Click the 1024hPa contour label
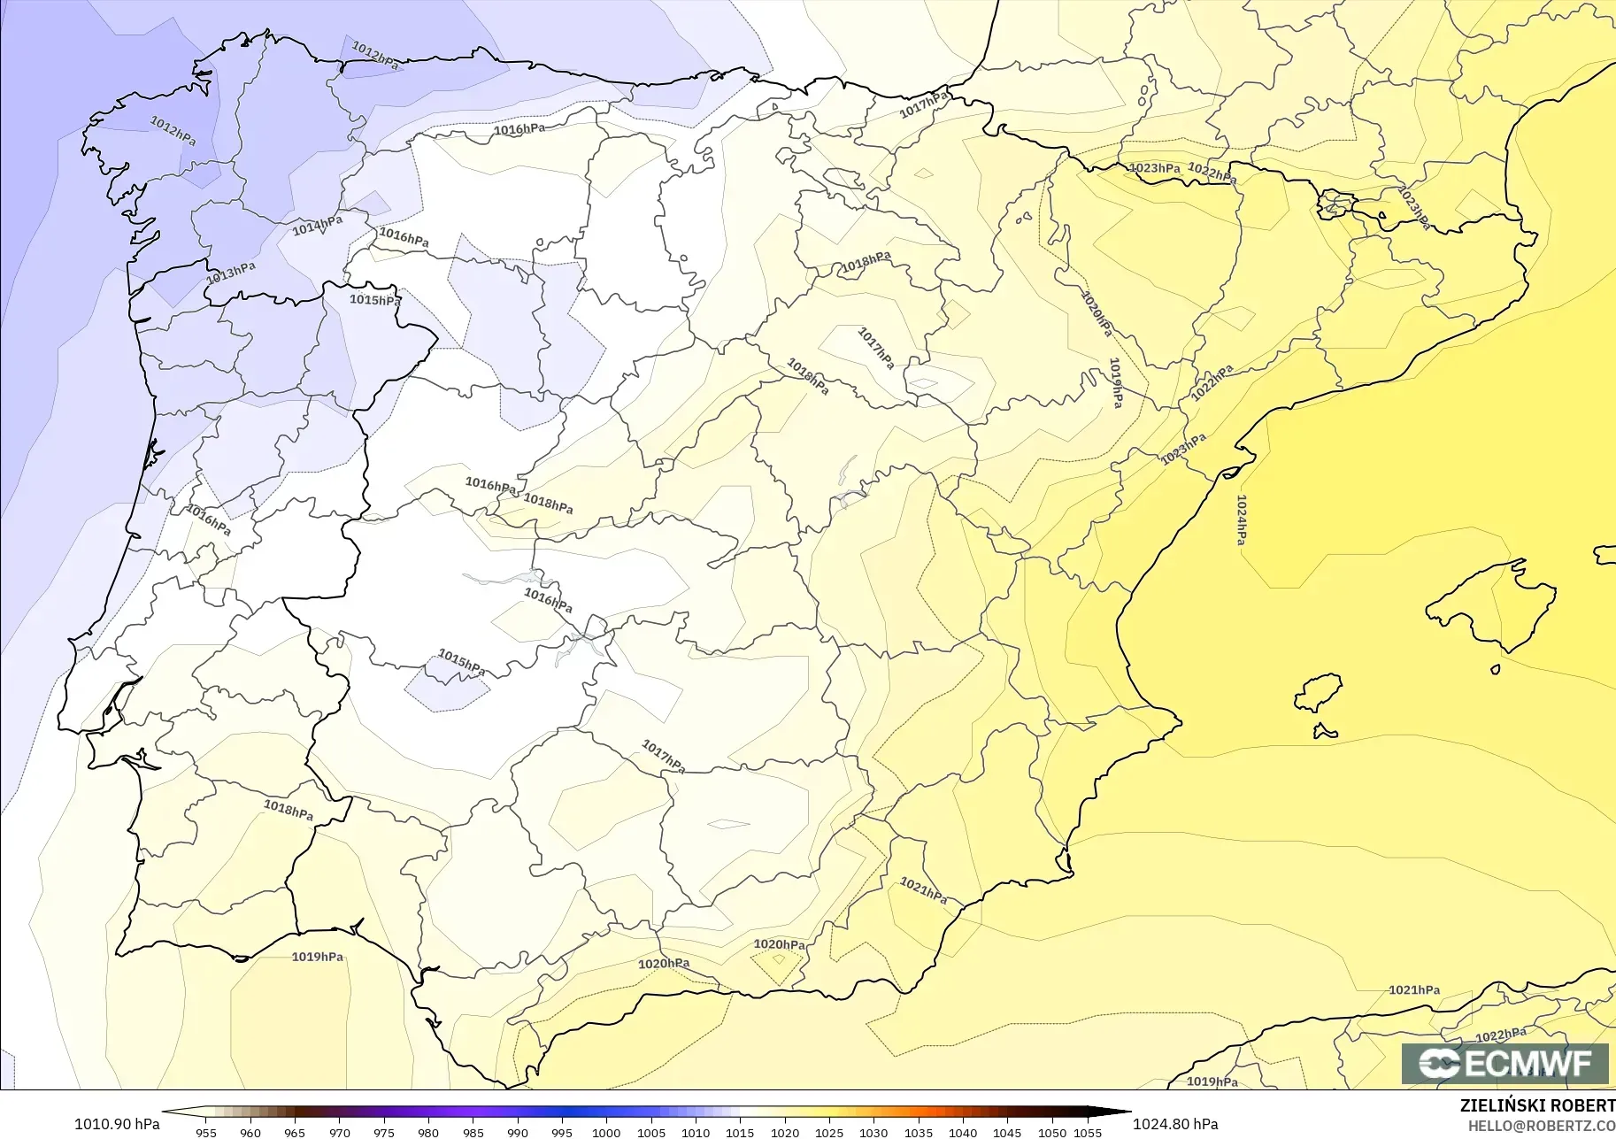(x=1242, y=519)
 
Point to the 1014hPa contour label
(x=317, y=226)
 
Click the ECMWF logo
(x=1504, y=1063)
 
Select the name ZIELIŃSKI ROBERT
(x=1537, y=1105)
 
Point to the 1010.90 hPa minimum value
(x=116, y=1124)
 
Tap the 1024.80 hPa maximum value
(x=1174, y=1124)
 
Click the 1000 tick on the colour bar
(x=606, y=1132)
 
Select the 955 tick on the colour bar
(x=205, y=1132)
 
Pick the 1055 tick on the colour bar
(x=1088, y=1132)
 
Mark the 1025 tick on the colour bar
(x=829, y=1132)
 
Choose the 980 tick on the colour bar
(x=428, y=1132)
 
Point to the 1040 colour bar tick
(x=963, y=1132)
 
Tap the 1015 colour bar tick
(x=740, y=1132)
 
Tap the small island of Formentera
(x=1325, y=732)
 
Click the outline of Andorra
(x=1335, y=204)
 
